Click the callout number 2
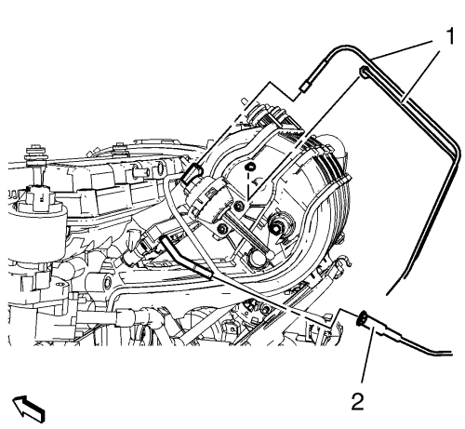click(x=358, y=401)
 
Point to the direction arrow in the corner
click(x=29, y=409)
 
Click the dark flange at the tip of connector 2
click(x=362, y=319)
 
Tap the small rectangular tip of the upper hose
click(x=304, y=87)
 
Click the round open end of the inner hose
click(x=363, y=71)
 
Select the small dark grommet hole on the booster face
click(x=250, y=168)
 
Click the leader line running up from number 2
click(x=366, y=358)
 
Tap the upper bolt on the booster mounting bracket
click(x=239, y=205)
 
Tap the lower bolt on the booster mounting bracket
click(x=222, y=229)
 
